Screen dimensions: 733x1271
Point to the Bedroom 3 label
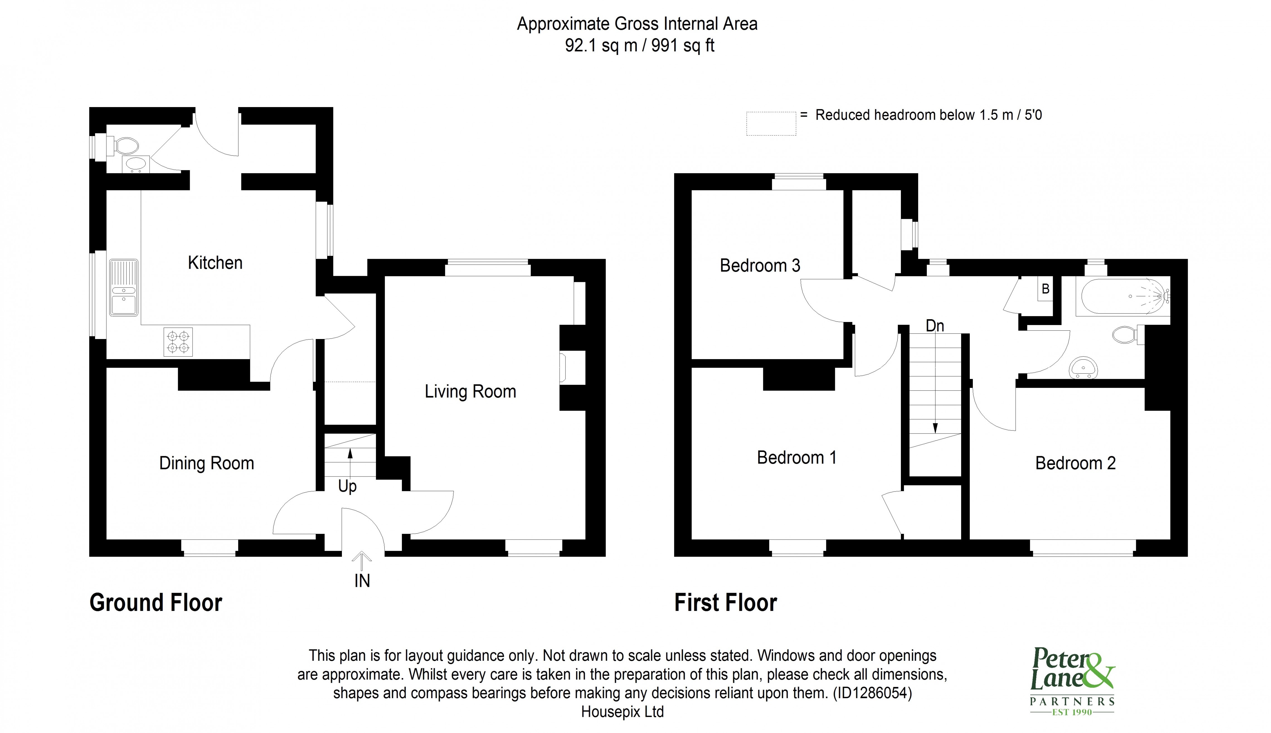tap(759, 265)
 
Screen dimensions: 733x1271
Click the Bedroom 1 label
tap(796, 458)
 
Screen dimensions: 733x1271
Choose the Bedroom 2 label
tap(1075, 463)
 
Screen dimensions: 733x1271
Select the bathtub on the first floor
tap(1122, 297)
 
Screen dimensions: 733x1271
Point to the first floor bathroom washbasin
tap(1083, 367)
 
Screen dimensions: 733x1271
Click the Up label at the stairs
tap(347, 486)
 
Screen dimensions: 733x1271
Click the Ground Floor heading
tap(155, 603)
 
